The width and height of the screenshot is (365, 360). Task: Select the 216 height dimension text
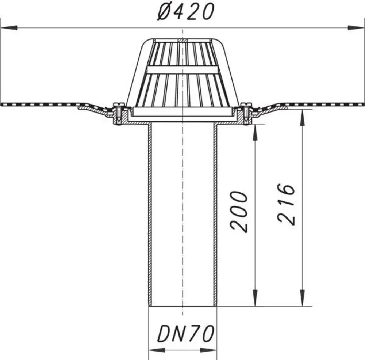tap(286, 205)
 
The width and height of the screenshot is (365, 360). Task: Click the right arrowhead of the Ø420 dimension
tap(356, 27)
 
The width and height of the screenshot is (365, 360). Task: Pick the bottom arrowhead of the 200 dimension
tap(255, 298)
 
